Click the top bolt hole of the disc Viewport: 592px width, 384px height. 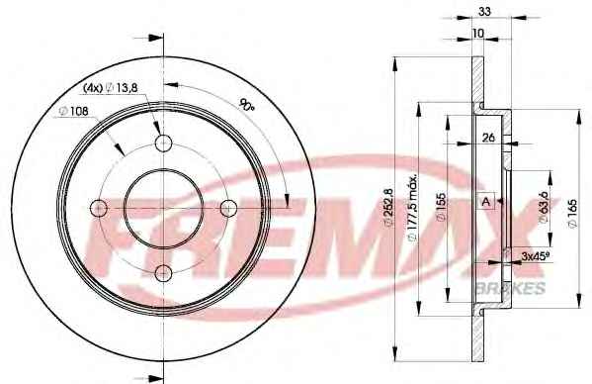pyautogui.click(x=163, y=143)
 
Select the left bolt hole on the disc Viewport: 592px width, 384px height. pyautogui.click(x=99, y=208)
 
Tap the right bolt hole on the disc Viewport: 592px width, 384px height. pyautogui.click(x=228, y=208)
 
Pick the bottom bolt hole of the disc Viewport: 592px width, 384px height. pyautogui.click(x=163, y=273)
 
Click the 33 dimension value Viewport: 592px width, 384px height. pyautogui.click(x=484, y=12)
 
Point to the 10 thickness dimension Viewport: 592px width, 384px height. pyautogui.click(x=477, y=34)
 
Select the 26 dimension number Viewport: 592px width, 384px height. pyautogui.click(x=488, y=138)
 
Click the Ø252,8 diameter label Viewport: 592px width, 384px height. pyautogui.click(x=388, y=208)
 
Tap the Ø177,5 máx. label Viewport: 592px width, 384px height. pyautogui.click(x=413, y=207)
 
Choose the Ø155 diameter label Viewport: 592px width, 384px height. pyautogui.click(x=441, y=207)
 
